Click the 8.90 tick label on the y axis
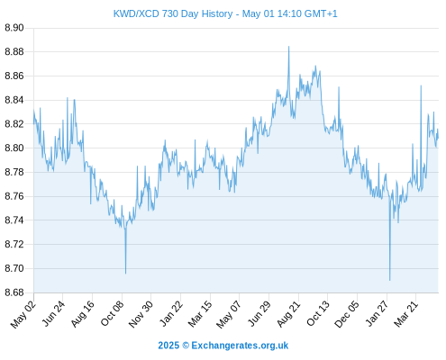[14, 28]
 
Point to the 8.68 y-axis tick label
[14, 292]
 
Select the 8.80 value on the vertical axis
[14, 148]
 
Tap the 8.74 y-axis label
[14, 220]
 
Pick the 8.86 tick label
[14, 76]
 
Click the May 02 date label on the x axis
[23, 314]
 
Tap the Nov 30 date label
[141, 314]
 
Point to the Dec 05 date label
[347, 314]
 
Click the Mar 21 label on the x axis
[406, 313]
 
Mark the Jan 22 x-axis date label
[171, 313]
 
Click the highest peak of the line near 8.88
[289, 47]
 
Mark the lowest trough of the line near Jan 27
[390, 281]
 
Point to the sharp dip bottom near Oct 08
[125, 274]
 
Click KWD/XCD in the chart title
[136, 13]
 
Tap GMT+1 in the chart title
[321, 13]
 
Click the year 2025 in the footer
[168, 346]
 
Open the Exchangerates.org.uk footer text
[240, 346]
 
